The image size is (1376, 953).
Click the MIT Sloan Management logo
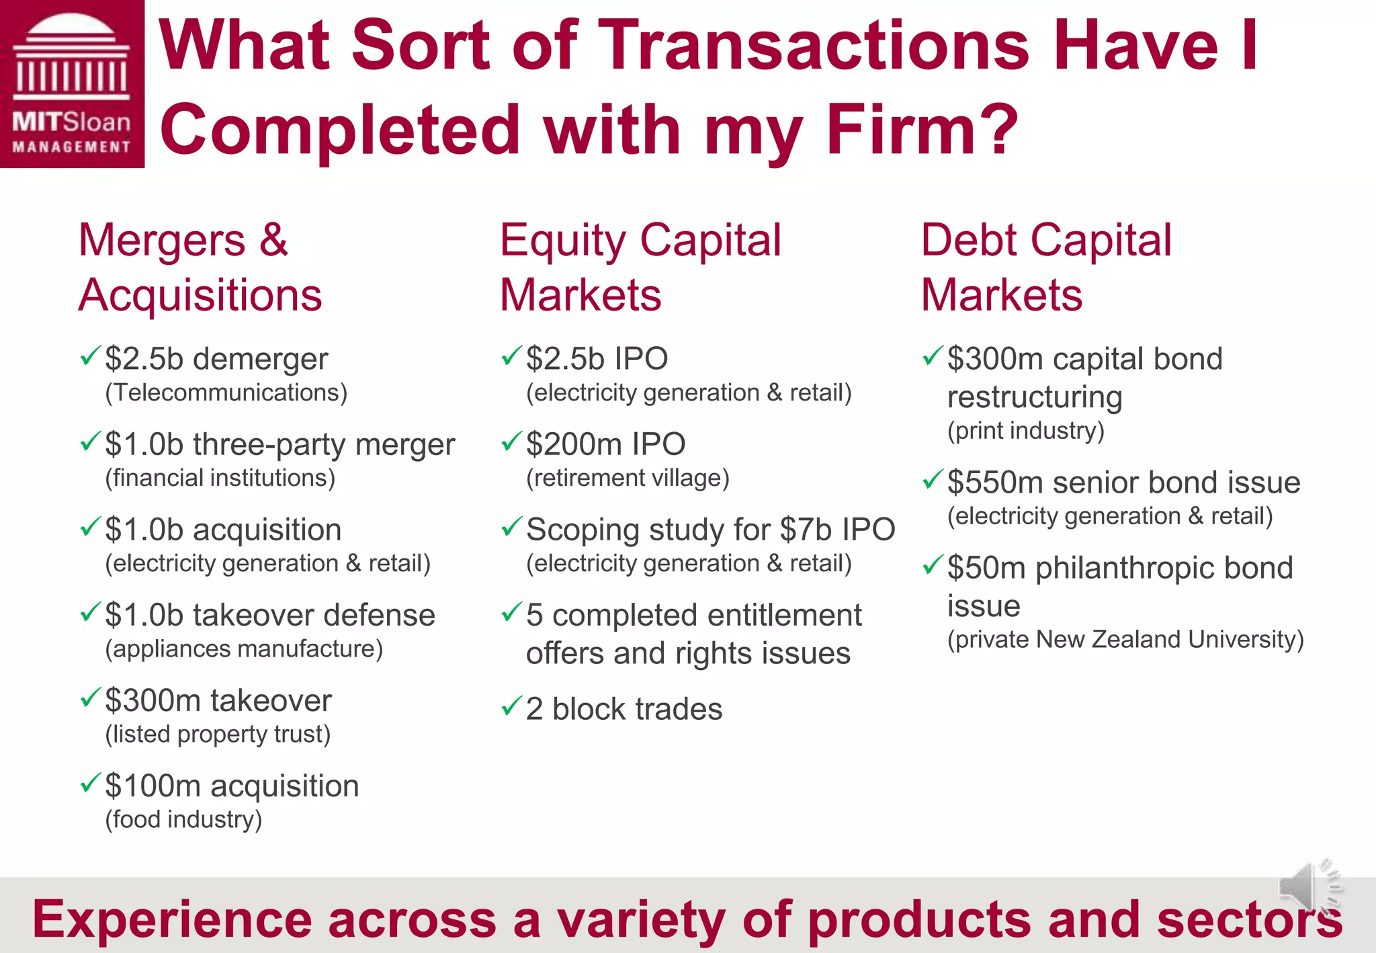72,83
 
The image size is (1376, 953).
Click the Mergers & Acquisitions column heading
200,267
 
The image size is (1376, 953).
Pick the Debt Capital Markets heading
1045,267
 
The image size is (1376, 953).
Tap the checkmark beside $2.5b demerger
90,356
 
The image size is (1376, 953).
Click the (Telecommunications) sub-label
226,392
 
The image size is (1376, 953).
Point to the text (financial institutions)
220,478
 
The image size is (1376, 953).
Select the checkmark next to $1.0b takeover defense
90,612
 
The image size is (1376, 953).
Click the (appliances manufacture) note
244,649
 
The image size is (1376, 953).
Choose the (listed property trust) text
218,734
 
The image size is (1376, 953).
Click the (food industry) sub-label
183,819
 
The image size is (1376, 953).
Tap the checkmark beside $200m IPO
511,441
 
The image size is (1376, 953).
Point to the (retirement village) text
628,478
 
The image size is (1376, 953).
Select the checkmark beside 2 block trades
511,706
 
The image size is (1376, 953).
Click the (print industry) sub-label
1026,431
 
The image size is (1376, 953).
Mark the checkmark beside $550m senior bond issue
933,479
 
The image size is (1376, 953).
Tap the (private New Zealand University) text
1125,639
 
